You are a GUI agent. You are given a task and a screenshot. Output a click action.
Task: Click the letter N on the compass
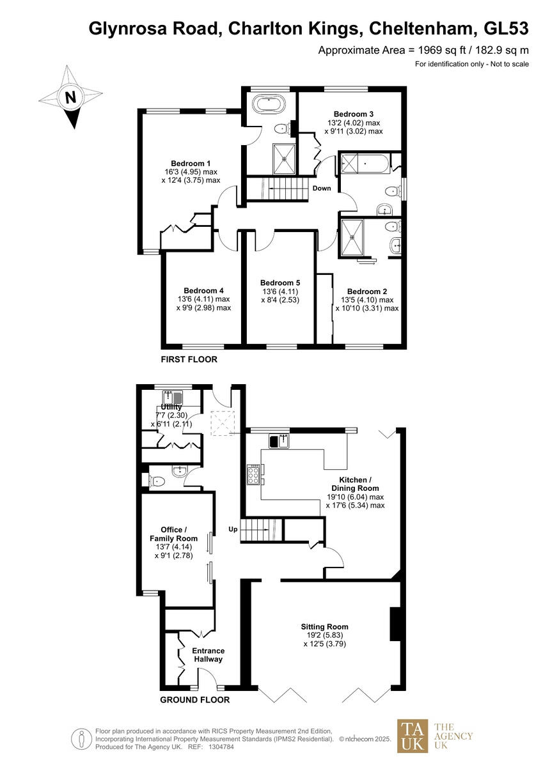coord(70,98)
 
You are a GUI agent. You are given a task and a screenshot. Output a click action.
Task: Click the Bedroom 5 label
coord(280,283)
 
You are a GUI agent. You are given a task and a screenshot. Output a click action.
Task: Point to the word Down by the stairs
coord(322,189)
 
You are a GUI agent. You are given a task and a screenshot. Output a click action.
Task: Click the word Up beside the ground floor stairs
coord(233,529)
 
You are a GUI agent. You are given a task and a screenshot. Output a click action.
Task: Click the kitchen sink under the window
coord(279,440)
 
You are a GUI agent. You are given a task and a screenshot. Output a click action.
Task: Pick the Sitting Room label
coord(326,626)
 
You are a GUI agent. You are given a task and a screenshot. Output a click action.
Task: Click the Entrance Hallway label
coord(208,655)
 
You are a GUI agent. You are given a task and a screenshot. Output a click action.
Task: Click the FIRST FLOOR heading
coord(189,360)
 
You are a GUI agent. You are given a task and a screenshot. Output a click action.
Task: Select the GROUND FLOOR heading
coord(194,700)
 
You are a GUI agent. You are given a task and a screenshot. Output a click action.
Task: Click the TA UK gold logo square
coord(413,736)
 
